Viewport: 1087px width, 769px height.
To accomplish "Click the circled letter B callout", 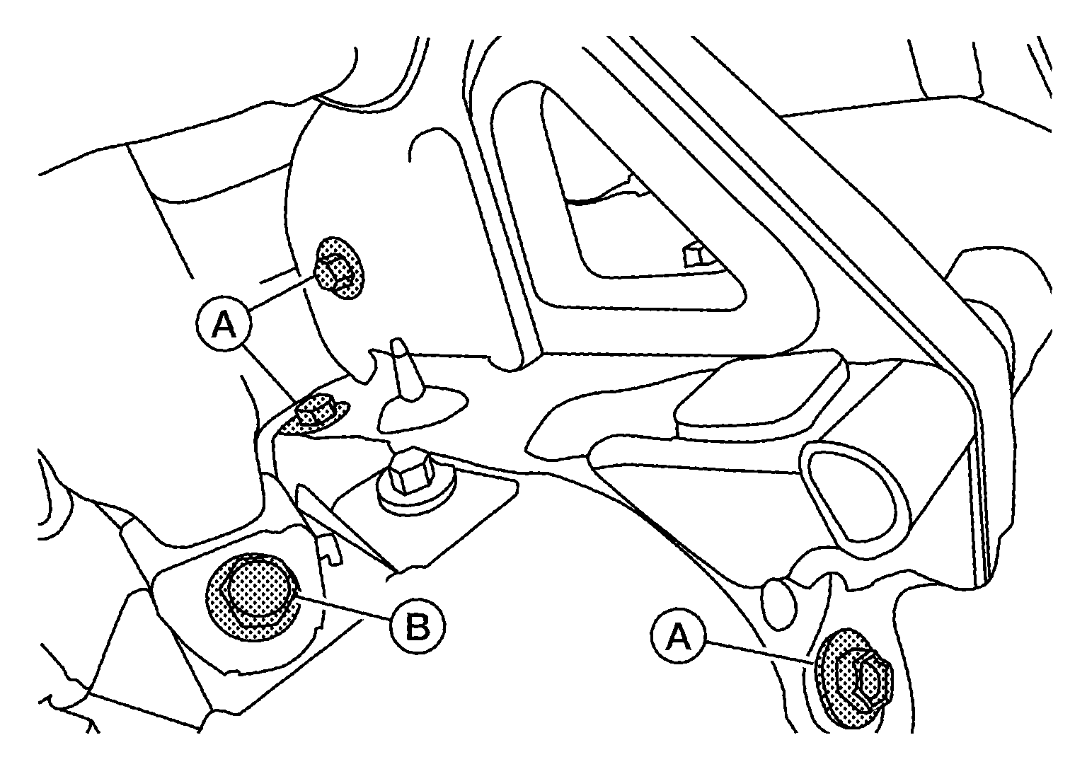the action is pyautogui.click(x=418, y=628).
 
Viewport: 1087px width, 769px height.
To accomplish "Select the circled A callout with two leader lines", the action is pyautogui.click(x=224, y=325).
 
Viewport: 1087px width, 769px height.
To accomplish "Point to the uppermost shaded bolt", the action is pyautogui.click(x=340, y=268).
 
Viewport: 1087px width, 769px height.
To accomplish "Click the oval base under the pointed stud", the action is pyautogui.click(x=423, y=407).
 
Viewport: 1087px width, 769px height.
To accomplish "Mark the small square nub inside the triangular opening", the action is pyautogui.click(x=695, y=255).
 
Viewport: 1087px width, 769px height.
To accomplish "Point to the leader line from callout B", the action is pyautogui.click(x=344, y=606).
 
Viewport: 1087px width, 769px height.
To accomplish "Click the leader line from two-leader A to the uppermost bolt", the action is pyautogui.click(x=283, y=293).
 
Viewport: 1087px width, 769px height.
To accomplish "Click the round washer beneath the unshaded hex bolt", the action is pyautogui.click(x=418, y=495).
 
